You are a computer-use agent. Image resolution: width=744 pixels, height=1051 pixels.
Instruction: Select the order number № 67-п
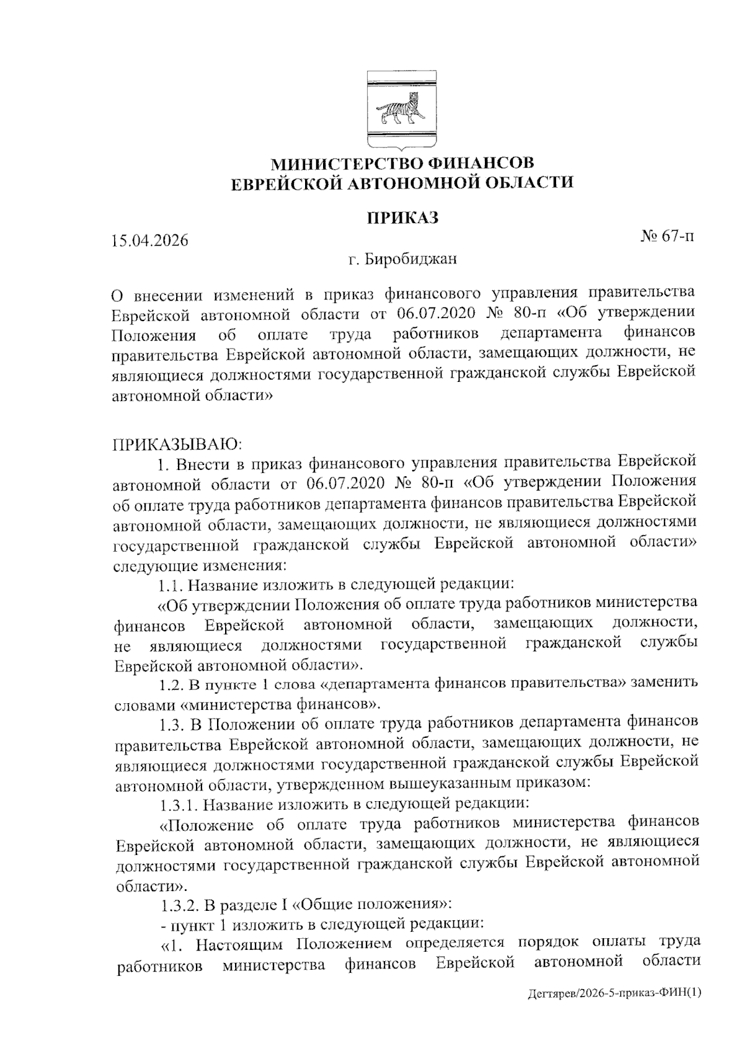coord(666,236)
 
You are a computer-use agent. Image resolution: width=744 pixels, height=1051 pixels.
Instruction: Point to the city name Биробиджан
coord(411,259)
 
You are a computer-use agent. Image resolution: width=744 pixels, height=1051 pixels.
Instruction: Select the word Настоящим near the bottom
coord(244,944)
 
